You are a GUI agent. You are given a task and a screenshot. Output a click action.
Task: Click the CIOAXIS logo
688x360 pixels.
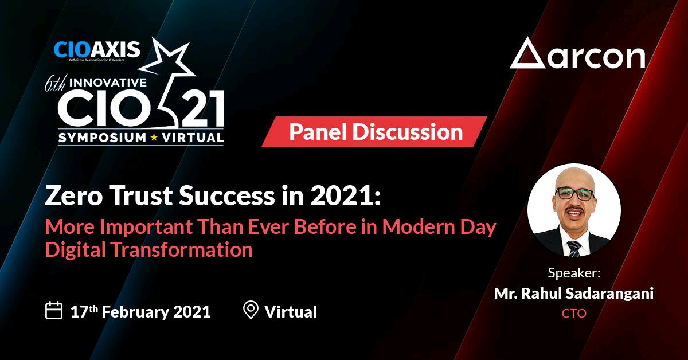(97, 51)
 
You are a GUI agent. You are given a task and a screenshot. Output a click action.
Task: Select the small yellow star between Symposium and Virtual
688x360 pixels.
(154, 138)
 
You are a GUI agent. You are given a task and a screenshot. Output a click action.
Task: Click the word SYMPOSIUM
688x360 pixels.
(102, 138)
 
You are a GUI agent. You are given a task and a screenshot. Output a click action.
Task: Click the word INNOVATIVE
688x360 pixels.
(108, 83)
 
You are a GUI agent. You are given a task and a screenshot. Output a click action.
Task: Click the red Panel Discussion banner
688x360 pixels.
(374, 132)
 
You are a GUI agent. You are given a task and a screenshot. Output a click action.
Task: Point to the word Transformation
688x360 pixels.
(182, 249)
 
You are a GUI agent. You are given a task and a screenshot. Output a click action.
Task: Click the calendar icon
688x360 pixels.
(54, 310)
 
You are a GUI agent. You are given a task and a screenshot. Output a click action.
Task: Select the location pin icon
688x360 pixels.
(251, 310)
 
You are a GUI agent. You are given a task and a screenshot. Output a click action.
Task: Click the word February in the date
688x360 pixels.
(135, 312)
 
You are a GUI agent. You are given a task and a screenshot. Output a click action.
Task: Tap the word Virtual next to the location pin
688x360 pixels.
(291, 312)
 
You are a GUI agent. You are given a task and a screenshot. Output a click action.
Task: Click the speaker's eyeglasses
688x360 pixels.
(574, 194)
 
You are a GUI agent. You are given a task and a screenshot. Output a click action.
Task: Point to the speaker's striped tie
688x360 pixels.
(573, 248)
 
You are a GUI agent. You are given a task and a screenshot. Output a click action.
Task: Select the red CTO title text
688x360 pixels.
(574, 314)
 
